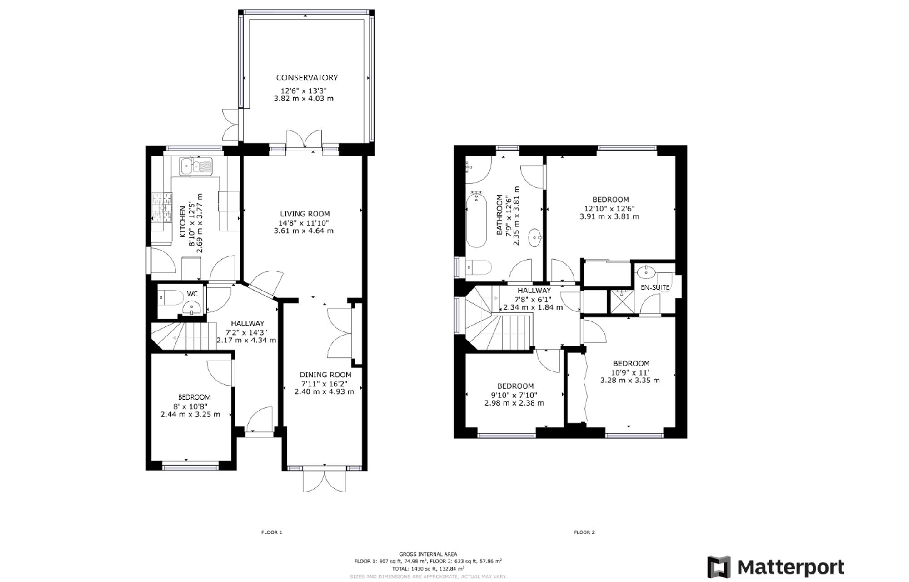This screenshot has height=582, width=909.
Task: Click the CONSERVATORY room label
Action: click(x=307, y=78)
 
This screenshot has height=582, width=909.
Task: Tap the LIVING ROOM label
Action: click(x=305, y=214)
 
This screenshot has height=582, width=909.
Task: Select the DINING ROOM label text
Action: click(x=325, y=375)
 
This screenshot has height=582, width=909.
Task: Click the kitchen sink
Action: click(x=195, y=166)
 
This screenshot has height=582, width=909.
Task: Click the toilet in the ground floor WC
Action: click(x=170, y=298)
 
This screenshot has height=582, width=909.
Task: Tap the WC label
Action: click(x=192, y=294)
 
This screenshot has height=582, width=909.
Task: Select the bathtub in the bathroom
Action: click(x=476, y=219)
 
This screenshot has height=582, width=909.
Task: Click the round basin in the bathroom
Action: click(x=534, y=237)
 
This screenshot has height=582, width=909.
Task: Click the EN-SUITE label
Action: click(x=655, y=287)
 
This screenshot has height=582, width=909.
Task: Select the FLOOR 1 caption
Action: click(x=272, y=532)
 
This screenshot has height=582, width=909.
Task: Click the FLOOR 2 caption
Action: click(x=584, y=532)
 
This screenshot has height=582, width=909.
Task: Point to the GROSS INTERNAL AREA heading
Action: click(x=428, y=554)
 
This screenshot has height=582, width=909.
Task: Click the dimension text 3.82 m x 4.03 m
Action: click(x=304, y=99)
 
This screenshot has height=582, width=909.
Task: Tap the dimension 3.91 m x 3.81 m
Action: click(x=609, y=216)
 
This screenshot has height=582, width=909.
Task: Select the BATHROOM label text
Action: click(x=499, y=215)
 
